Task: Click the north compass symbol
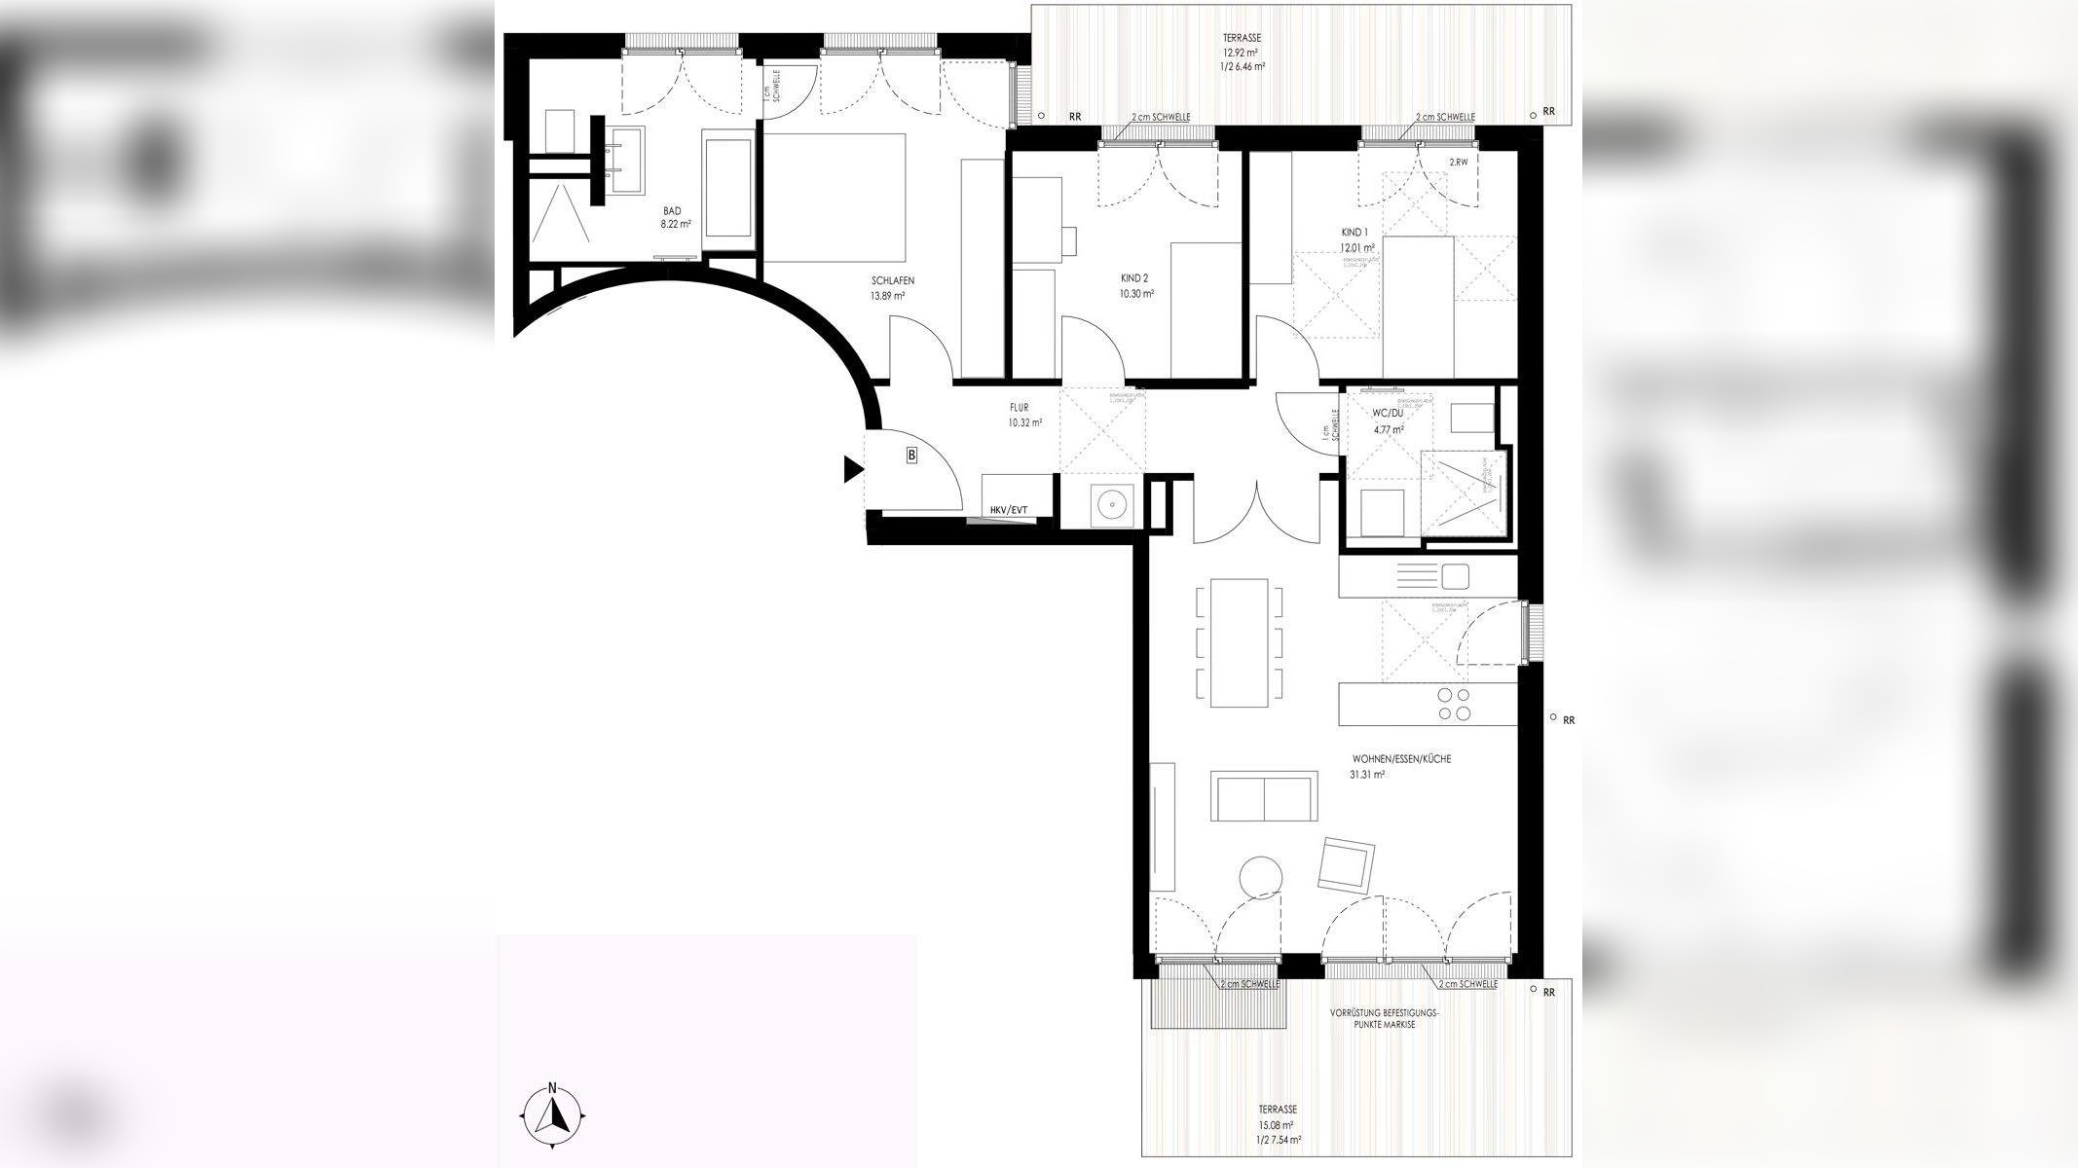tap(552, 1113)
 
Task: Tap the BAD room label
tap(673, 211)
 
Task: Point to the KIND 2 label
tap(1134, 278)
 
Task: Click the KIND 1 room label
tap(1354, 233)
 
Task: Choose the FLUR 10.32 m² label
tap(1025, 416)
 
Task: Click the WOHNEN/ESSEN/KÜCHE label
tap(1400, 759)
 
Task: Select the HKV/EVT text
tap(1008, 510)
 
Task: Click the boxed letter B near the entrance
tap(911, 455)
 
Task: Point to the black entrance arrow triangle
tap(852, 470)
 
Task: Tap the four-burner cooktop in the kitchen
tap(1454, 704)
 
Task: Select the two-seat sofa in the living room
tap(1264, 796)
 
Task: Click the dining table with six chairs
tap(1239, 642)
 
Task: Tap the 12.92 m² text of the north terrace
tap(1243, 53)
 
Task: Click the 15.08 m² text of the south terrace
tap(1277, 1124)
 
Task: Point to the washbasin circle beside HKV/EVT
tap(1109, 504)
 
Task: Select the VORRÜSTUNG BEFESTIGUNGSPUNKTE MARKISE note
tap(1383, 1019)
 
